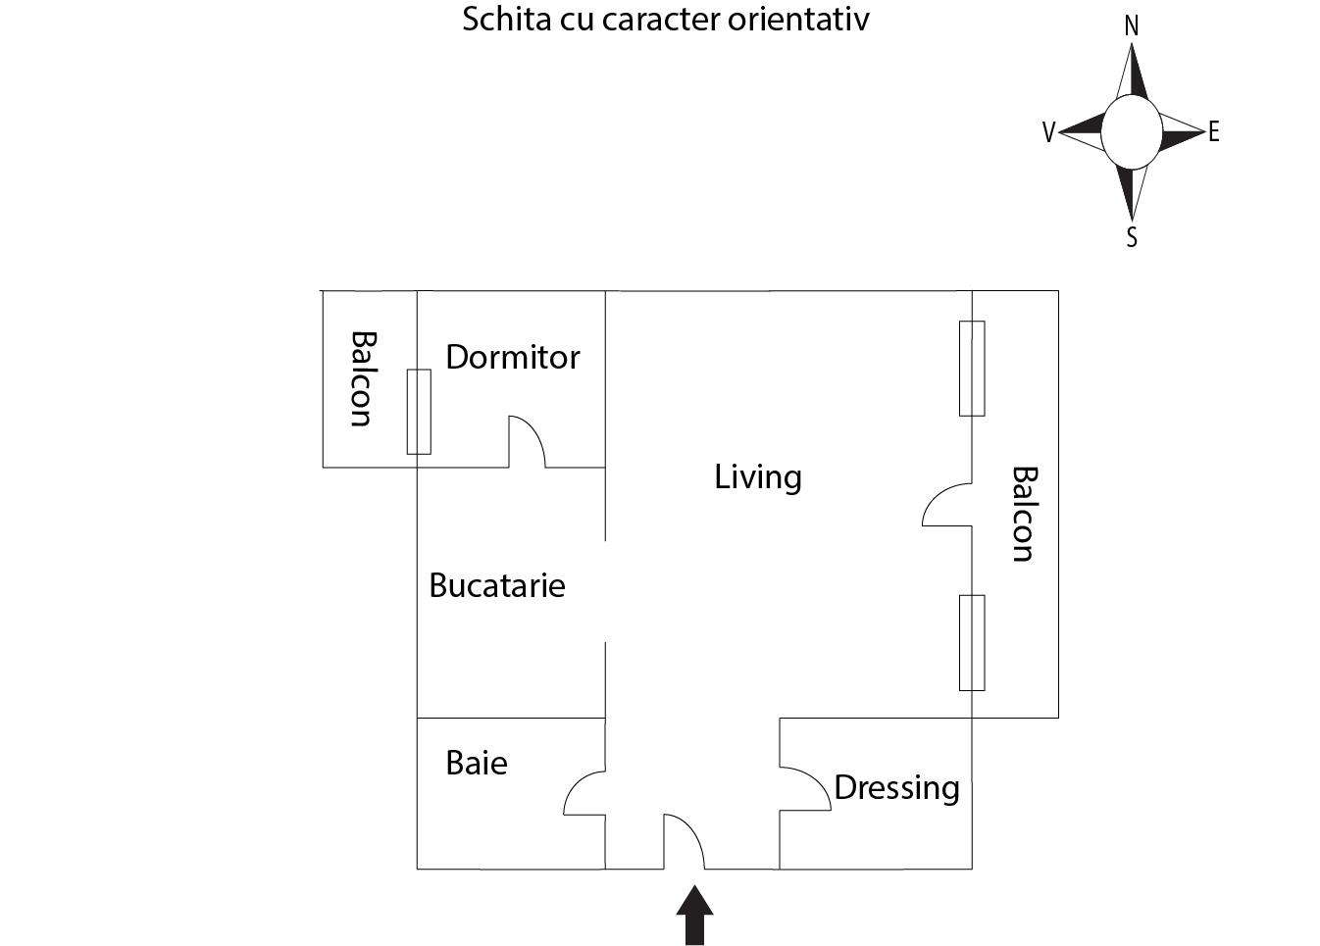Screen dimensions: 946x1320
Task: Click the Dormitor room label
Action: [x=512, y=357]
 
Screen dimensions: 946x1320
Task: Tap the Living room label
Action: [x=757, y=477]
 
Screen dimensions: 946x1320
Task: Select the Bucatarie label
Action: [x=497, y=585]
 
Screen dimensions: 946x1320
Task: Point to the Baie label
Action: [x=477, y=763]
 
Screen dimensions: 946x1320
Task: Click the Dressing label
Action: [x=896, y=787]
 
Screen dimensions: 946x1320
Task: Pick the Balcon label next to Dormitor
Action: [x=362, y=378]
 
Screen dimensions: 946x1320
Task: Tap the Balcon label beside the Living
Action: [x=1023, y=514]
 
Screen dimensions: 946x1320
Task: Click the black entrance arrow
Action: [x=694, y=916]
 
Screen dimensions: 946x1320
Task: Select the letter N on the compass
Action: [x=1131, y=26]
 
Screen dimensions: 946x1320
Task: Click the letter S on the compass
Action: [x=1132, y=237]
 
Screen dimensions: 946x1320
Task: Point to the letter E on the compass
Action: [x=1214, y=131]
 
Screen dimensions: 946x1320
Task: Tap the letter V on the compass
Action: [x=1048, y=132]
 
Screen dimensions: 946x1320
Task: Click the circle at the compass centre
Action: [x=1131, y=132]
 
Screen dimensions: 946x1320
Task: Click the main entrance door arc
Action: [x=685, y=841]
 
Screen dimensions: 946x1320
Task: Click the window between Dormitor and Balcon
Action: [x=419, y=412]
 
